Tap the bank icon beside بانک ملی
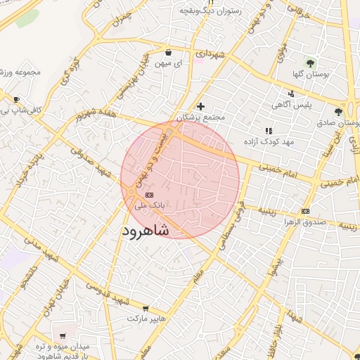coord(148,194)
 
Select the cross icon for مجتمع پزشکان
coord(200,105)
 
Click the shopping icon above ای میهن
coord(169,52)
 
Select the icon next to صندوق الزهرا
coord(305,211)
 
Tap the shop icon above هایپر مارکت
coord(146,308)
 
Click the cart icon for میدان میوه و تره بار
coord(63,336)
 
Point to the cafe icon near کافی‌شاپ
coord(16,99)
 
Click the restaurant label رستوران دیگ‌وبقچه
coord(210,11)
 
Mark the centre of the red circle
coord(180,179)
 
